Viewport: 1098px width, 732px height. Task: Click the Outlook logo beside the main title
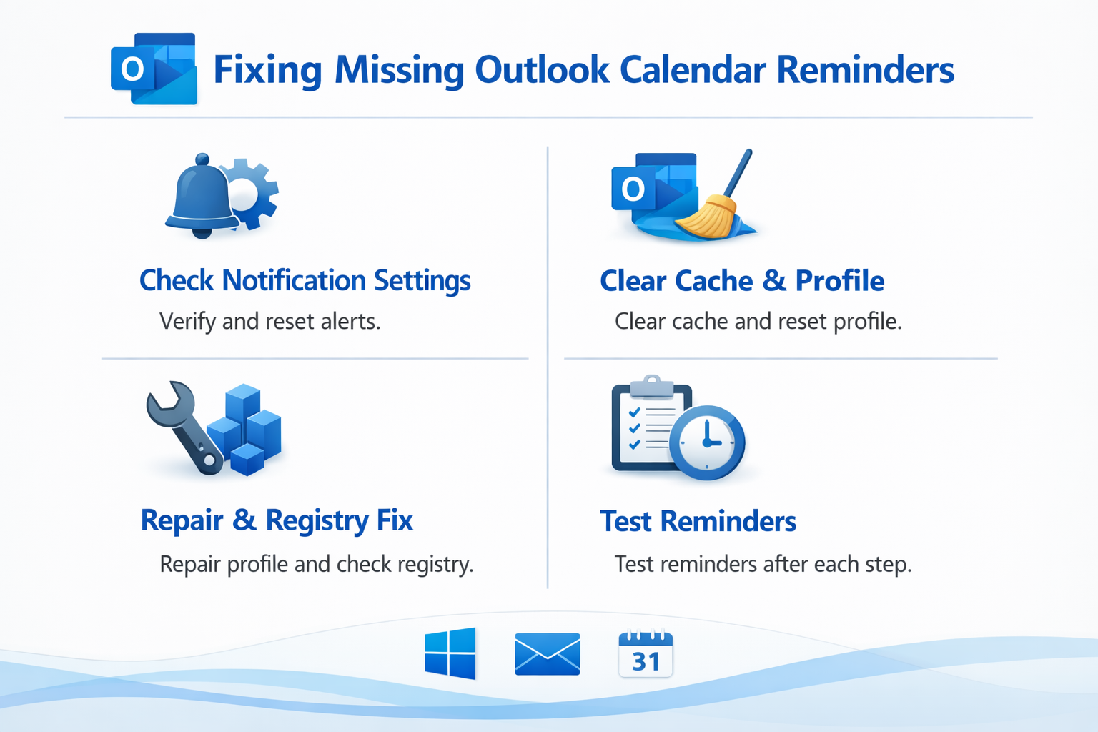pos(154,69)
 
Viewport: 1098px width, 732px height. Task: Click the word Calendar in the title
pos(693,69)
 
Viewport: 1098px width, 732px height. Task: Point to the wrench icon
pos(184,427)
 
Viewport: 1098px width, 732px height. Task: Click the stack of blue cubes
pos(244,430)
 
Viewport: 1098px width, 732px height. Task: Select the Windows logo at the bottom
pos(450,653)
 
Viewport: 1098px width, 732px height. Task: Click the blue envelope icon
pos(548,654)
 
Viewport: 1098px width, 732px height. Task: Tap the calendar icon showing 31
pos(646,654)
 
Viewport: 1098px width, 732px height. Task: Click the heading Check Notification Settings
pos(305,281)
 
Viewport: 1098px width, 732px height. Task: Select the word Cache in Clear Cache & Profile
pos(713,281)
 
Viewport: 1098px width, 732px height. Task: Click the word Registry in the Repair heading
pos(317,521)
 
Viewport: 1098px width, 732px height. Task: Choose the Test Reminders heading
pos(698,521)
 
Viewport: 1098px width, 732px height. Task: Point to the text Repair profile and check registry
pos(317,565)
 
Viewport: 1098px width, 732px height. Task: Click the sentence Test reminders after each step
pos(763,564)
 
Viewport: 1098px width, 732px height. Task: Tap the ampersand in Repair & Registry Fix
pos(244,520)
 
